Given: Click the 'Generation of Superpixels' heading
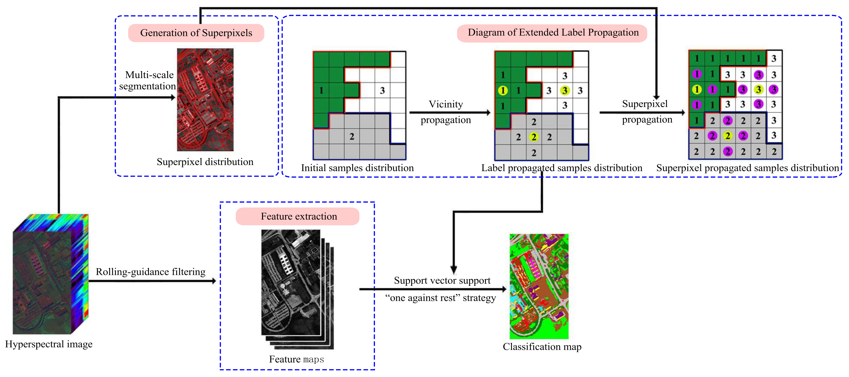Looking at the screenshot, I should pyautogui.click(x=196, y=33).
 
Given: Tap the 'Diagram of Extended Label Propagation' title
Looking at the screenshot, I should pyautogui.click(x=553, y=33).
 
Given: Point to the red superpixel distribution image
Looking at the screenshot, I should pyautogui.click(x=205, y=100).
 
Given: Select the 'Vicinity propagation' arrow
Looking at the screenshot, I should pyautogui.click(x=450, y=113).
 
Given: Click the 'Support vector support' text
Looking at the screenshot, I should pyautogui.click(x=442, y=281).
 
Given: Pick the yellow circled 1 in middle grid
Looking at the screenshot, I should pyautogui.click(x=503, y=90).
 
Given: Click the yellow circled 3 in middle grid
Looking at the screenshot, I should pyautogui.click(x=565, y=90).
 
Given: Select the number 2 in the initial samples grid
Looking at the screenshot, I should pyautogui.click(x=352, y=136).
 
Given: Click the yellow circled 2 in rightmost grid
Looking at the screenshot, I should pyautogui.click(x=727, y=136).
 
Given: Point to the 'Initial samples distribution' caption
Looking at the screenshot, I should pyautogui.click(x=357, y=168).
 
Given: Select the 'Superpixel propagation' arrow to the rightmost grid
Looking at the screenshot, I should pyautogui.click(x=641, y=113).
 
